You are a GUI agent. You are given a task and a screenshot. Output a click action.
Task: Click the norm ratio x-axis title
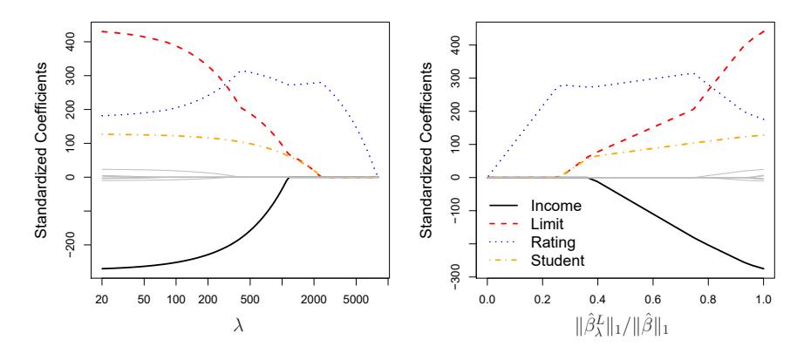pyautogui.click(x=625, y=330)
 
